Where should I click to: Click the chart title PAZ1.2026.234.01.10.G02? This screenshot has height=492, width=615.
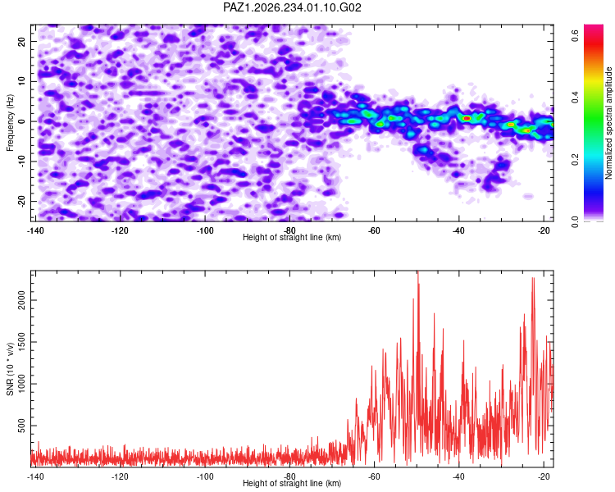tap(292, 7)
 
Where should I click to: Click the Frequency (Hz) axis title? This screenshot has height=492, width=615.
tap(10, 123)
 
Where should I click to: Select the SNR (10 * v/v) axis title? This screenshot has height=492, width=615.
tap(10, 369)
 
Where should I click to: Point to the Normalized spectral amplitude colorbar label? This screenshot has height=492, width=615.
tap(608, 123)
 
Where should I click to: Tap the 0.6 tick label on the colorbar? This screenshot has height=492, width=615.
tap(576, 36)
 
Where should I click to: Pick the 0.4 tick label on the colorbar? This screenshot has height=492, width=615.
tap(576, 98)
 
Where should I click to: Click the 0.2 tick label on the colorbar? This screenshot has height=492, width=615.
tap(576, 159)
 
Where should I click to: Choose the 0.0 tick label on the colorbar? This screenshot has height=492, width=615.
tap(576, 221)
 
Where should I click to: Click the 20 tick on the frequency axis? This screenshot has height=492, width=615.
tap(21, 41)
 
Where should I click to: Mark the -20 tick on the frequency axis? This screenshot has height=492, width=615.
tap(21, 201)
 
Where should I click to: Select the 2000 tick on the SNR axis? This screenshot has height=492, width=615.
tap(21, 300)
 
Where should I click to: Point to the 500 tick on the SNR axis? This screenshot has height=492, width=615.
tap(21, 426)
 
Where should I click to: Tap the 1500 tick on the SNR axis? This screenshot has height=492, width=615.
tap(21, 342)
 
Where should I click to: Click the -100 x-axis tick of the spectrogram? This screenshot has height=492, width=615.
tap(204, 230)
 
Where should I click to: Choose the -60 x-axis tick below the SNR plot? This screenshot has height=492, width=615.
tap(374, 476)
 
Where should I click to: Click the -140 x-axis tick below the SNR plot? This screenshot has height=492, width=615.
tap(35, 476)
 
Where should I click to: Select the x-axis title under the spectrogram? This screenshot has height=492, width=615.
tap(292, 237)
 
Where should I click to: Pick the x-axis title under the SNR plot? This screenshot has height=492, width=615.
tap(292, 483)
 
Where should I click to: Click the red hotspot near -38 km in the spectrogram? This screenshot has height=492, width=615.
tap(467, 118)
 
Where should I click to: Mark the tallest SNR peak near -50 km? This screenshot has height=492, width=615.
tap(418, 271)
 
